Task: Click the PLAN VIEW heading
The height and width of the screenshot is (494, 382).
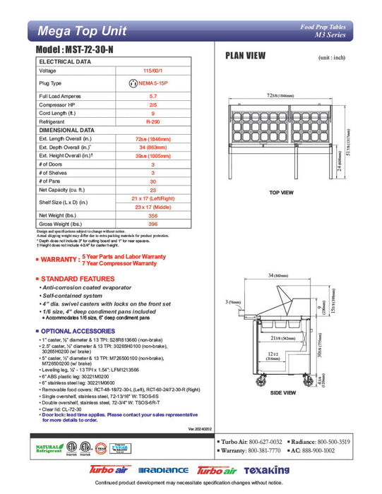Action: click(245, 56)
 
